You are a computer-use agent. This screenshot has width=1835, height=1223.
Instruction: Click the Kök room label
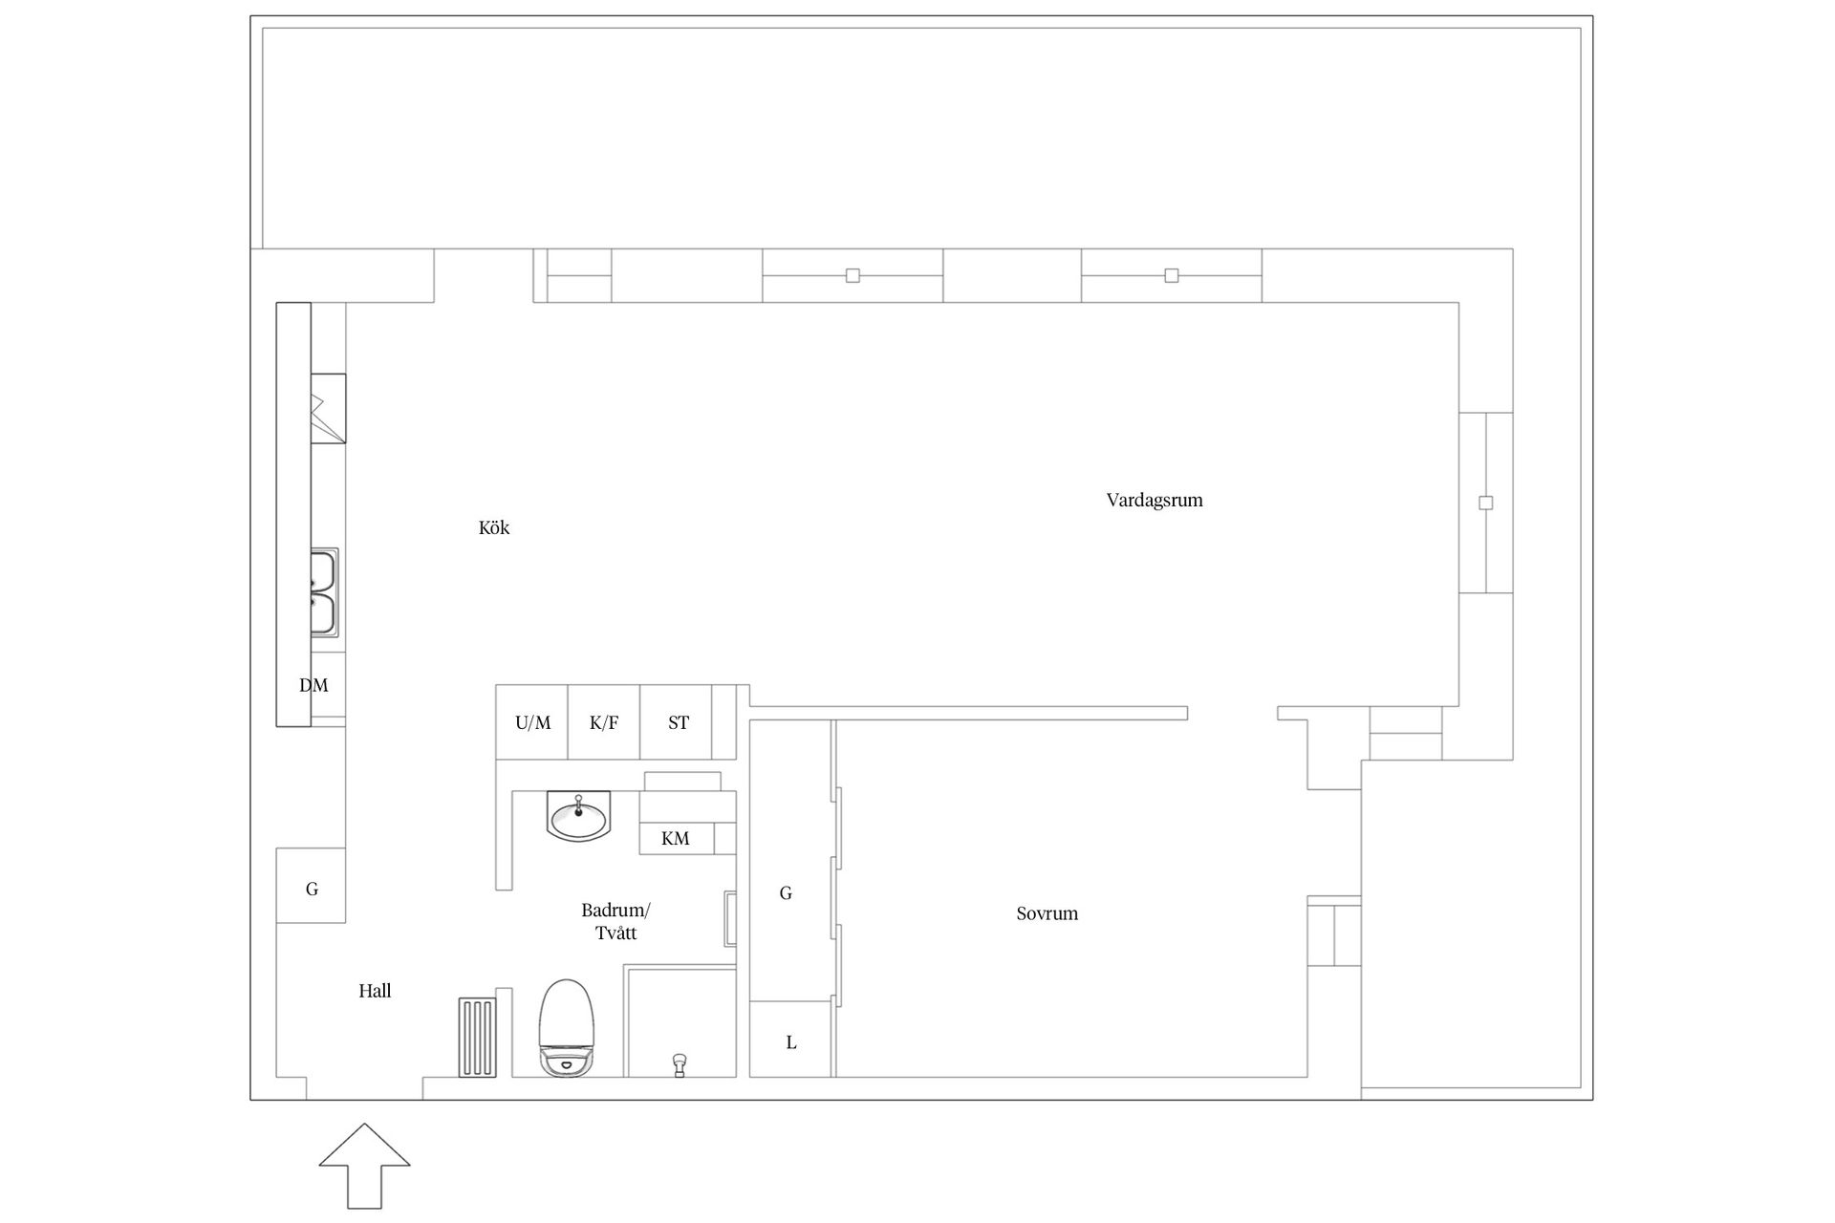coord(494,527)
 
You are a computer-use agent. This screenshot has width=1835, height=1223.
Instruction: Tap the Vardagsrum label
coord(1155,500)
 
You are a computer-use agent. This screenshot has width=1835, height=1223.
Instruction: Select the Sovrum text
coord(1047,913)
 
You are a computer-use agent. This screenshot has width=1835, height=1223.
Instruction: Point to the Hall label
coord(375,991)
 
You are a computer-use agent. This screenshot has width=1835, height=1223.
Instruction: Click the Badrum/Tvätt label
coord(615,921)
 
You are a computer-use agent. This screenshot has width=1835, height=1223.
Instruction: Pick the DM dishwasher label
coord(313,685)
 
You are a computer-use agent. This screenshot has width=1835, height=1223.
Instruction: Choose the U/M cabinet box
coord(532,722)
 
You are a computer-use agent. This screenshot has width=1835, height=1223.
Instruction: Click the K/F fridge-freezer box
coord(604,722)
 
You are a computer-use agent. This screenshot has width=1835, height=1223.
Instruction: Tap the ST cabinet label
coord(679,723)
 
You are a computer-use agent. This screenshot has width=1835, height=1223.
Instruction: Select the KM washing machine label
coord(676,839)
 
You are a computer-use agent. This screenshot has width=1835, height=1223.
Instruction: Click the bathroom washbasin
coord(578,817)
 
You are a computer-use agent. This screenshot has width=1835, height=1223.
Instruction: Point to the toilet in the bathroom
coord(567,1028)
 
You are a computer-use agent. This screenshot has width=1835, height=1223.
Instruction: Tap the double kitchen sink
coord(323,592)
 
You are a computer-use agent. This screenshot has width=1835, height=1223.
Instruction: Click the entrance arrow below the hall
coord(364,1166)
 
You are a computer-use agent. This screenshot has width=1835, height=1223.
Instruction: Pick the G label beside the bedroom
coord(786,893)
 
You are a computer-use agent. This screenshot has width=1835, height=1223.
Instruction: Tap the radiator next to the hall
coord(478,1038)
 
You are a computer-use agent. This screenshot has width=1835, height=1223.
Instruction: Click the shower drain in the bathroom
coord(680,1064)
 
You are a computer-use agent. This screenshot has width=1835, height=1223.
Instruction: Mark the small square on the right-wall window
coord(1486,503)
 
